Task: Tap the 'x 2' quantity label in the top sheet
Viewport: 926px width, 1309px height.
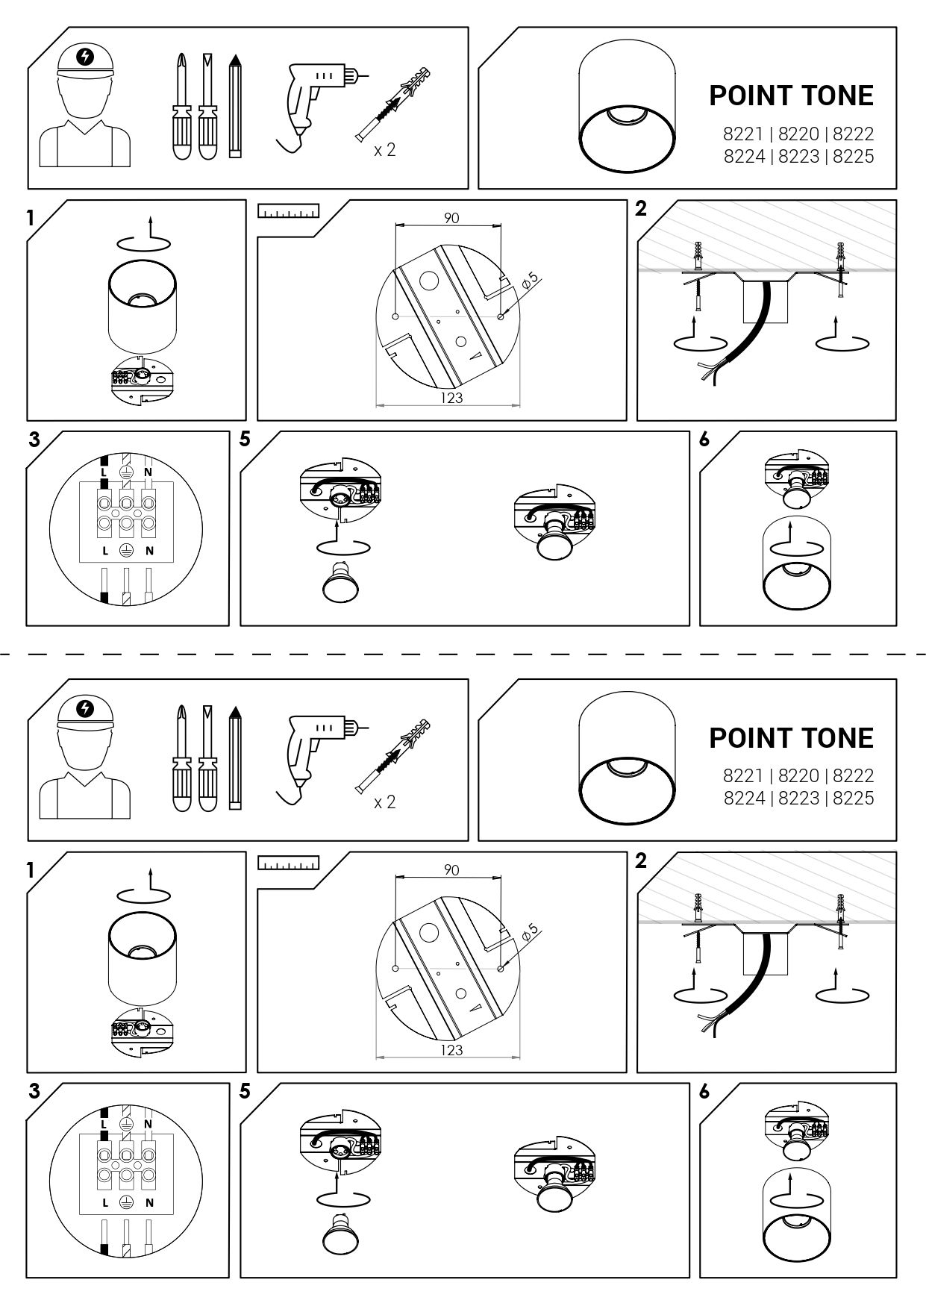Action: tap(385, 150)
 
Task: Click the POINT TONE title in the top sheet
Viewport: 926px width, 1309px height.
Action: tap(791, 737)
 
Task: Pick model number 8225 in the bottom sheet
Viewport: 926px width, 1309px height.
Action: tap(853, 798)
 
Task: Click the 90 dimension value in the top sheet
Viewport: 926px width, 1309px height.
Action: tap(451, 218)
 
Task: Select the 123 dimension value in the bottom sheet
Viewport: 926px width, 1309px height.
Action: tap(451, 1050)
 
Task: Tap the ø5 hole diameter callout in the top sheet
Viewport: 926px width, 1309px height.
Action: tap(529, 281)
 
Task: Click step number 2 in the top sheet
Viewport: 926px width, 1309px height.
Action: tap(641, 209)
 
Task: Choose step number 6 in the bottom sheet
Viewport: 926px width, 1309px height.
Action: tap(704, 1092)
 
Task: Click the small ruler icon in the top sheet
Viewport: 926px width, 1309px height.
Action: tap(288, 211)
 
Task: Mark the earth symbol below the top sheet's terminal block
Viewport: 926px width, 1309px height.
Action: tap(127, 550)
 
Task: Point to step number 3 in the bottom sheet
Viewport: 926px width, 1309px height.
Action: tap(34, 1092)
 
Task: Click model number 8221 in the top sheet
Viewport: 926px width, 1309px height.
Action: tap(743, 134)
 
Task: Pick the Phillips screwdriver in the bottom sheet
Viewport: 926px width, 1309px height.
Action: tap(181, 757)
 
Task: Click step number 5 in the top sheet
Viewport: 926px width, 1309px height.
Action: tap(245, 440)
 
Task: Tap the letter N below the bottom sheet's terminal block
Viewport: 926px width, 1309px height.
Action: tap(149, 1202)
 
